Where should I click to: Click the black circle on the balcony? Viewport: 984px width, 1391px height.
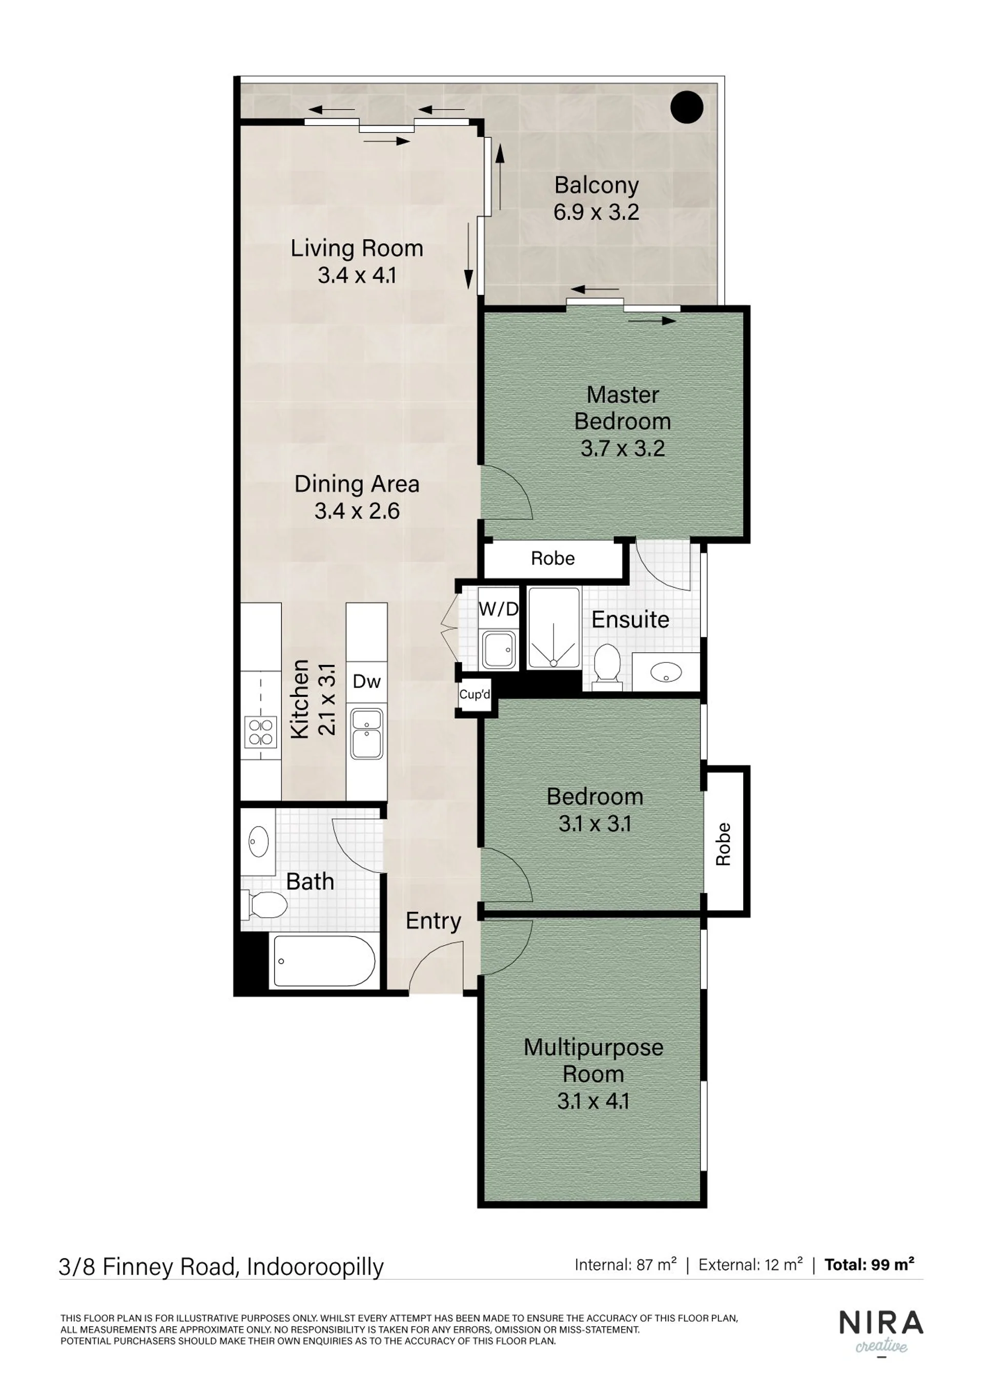(687, 107)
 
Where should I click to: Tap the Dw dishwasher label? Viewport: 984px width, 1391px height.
(366, 681)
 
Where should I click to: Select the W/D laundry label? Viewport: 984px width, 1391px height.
(499, 609)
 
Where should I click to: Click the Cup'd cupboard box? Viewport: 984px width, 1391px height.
(475, 694)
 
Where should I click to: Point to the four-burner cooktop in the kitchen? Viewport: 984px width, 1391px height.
(260, 731)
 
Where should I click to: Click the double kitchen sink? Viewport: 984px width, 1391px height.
(366, 733)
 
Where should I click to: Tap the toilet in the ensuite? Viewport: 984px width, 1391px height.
(608, 668)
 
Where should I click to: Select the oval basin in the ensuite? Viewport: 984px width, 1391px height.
(665, 672)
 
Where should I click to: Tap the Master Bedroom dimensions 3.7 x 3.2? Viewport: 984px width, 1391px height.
(623, 449)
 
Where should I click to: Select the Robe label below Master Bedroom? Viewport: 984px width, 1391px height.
(552, 558)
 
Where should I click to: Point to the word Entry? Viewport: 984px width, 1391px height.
(433, 922)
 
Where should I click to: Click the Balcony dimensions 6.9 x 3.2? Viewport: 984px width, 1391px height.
(596, 212)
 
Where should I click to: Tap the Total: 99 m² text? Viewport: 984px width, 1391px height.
(870, 1265)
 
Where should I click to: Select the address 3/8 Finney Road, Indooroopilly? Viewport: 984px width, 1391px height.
(221, 1267)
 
